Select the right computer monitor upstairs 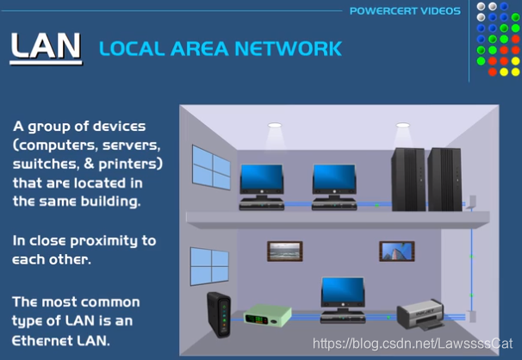pos(334,177)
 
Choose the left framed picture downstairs pos(285,251)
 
